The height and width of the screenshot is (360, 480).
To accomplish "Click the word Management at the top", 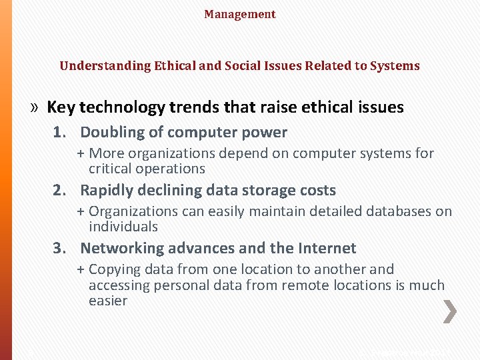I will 239,14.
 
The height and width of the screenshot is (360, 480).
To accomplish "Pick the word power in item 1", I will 266,133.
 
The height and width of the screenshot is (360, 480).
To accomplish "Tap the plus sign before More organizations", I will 81,153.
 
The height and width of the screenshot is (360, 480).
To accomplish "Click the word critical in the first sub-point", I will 110,169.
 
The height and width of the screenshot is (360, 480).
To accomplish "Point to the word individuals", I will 123,227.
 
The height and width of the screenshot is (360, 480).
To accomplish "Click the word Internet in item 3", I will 323,249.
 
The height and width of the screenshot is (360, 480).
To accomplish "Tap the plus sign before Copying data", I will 81,269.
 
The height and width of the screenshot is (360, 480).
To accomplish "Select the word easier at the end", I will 108,301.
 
